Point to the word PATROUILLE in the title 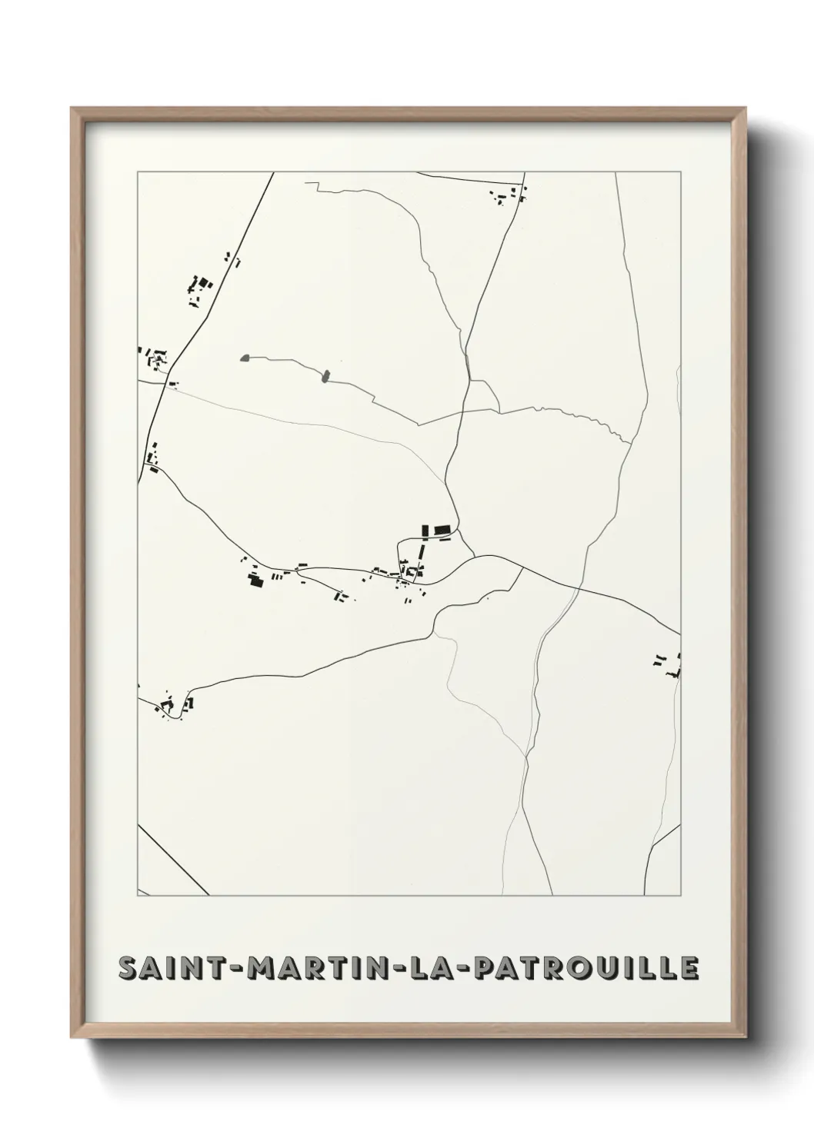tap(585, 968)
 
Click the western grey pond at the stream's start tap(245, 358)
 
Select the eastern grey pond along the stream tap(325, 376)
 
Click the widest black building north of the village tap(441, 530)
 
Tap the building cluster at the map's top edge tap(508, 196)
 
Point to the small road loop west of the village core tap(400, 555)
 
